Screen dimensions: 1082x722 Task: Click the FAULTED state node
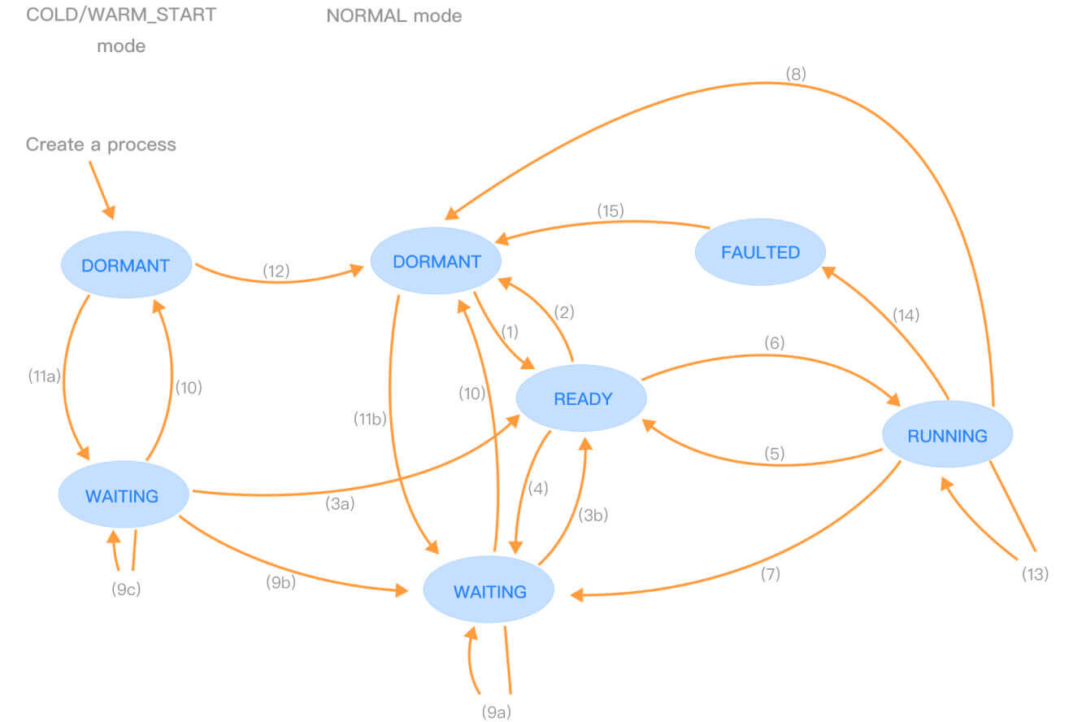[x=760, y=252]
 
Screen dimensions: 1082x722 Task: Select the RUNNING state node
[x=947, y=434]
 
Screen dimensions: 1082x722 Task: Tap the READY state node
[x=581, y=398]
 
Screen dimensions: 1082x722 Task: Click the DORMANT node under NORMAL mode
[x=436, y=261]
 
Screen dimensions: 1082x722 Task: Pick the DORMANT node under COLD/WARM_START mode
[x=126, y=265]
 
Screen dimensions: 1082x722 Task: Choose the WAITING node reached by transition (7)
[x=489, y=590]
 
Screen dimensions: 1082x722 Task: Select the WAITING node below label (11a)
[x=124, y=494]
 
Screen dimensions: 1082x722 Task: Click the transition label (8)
[x=796, y=74]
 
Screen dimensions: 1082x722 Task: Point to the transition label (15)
[x=611, y=211]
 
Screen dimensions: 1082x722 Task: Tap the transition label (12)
[x=276, y=271]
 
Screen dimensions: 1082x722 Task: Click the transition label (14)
[x=906, y=315]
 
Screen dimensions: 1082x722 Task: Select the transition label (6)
[x=774, y=342]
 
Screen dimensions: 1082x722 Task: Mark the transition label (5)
[x=774, y=454]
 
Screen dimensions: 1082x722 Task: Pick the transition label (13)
[x=1035, y=574]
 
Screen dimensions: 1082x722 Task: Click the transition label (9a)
[x=497, y=712]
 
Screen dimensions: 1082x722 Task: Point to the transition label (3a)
[x=340, y=503]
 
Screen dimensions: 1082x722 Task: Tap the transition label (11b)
[x=370, y=419]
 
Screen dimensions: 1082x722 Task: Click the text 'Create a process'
[x=101, y=145]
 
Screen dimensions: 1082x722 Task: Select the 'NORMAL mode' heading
[x=394, y=16]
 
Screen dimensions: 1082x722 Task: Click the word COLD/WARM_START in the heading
[x=121, y=15]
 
